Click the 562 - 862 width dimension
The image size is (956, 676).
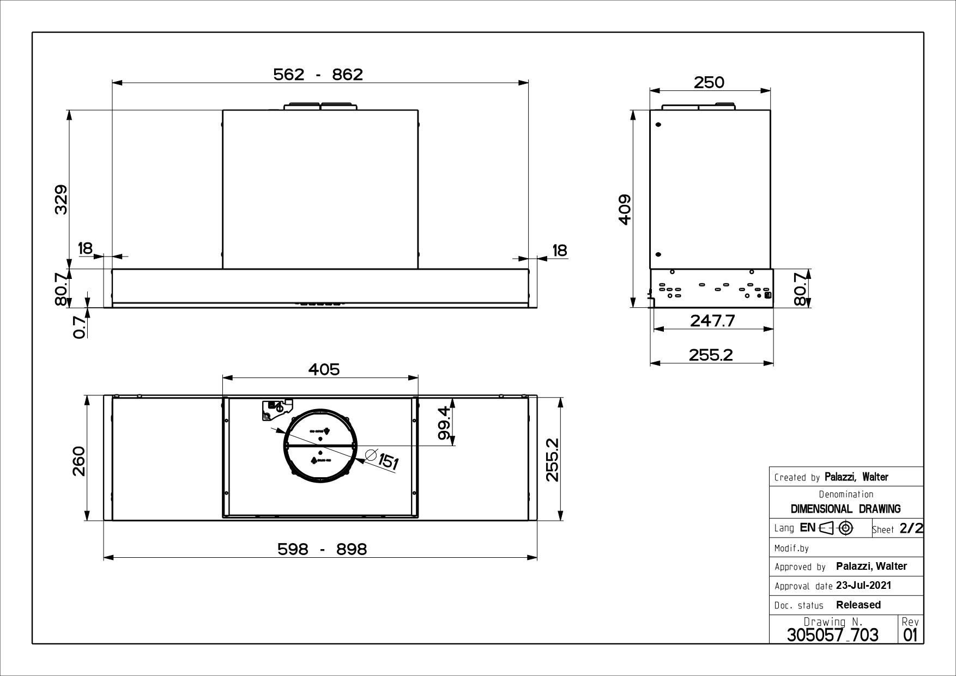click(318, 74)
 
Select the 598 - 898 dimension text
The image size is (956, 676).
click(322, 549)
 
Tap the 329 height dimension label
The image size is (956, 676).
click(61, 199)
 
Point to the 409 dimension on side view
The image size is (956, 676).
click(625, 209)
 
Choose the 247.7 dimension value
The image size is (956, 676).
click(712, 320)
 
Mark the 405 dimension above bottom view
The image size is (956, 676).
click(324, 369)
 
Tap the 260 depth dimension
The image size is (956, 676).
click(79, 461)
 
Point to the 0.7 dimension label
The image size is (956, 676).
click(80, 327)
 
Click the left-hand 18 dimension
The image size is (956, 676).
click(86, 248)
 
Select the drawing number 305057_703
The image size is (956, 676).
click(832, 635)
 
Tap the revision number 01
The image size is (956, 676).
click(910, 635)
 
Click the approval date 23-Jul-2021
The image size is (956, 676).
click(863, 586)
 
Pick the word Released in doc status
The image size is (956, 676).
click(858, 605)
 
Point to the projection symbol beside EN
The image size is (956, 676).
click(837, 528)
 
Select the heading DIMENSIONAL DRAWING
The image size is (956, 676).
click(845, 509)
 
